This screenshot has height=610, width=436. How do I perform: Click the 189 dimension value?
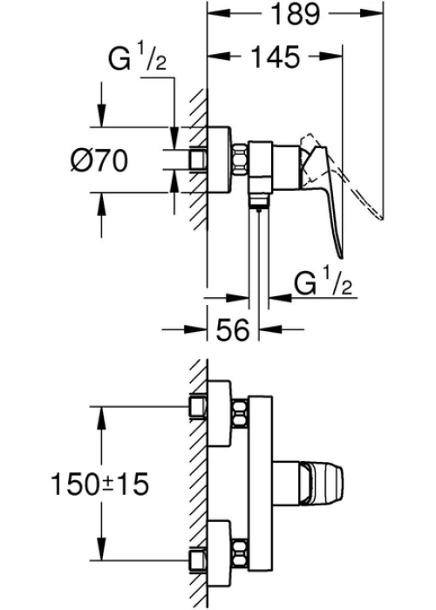tap(295, 14)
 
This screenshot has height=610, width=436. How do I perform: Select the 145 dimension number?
tap(276, 57)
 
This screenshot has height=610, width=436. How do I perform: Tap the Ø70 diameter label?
tap(99, 159)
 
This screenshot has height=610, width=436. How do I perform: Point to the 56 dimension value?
tap(233, 329)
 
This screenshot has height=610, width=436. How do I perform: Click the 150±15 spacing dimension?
tap(99, 484)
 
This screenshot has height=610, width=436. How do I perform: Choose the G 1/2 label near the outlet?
tap(324, 283)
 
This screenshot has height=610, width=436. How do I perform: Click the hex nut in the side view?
tap(240, 159)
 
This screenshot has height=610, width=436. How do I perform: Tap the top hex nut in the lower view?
tap(239, 413)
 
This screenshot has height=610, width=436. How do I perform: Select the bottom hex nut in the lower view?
tap(239, 553)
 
